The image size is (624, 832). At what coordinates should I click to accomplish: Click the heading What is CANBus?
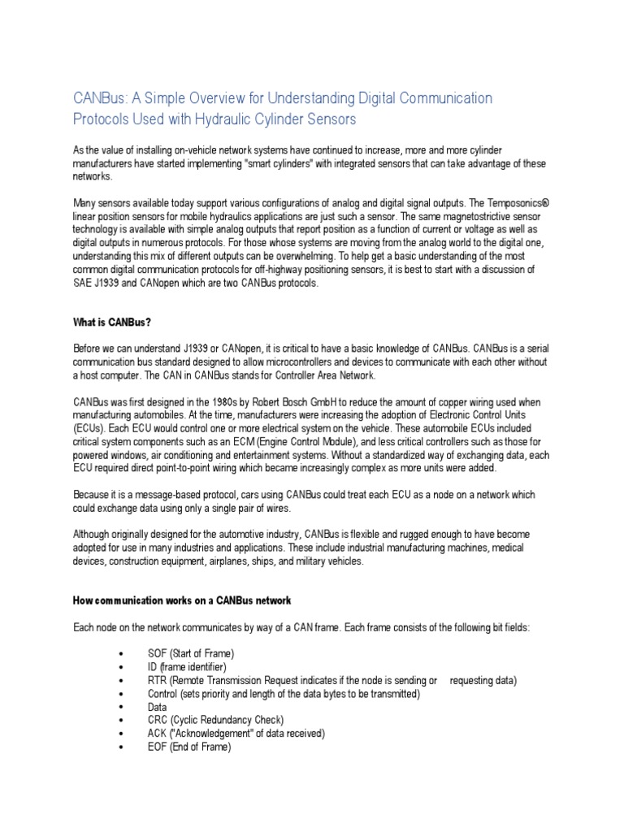click(x=113, y=322)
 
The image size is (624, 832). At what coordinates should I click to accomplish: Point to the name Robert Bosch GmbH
click(x=269, y=402)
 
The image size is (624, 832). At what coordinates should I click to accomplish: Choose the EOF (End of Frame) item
click(x=188, y=747)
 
